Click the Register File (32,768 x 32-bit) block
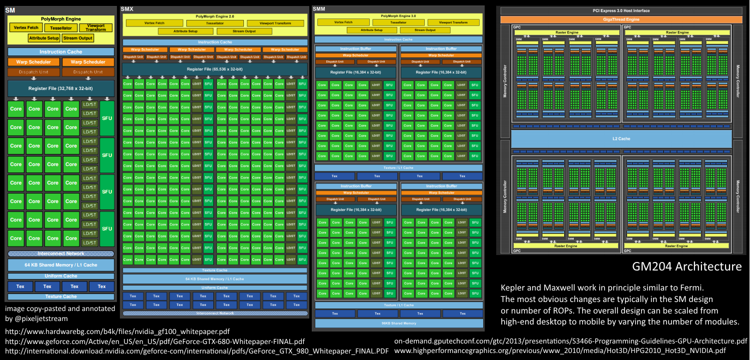pyautogui.click(x=60, y=88)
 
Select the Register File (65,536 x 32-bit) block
pyautogui.click(x=215, y=68)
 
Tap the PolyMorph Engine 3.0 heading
pyautogui.click(x=398, y=16)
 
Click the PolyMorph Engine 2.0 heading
pyautogui.click(x=215, y=16)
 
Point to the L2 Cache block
pyautogui.click(x=621, y=138)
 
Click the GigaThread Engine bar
pyautogui.click(x=621, y=19)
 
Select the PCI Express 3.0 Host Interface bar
pyautogui.click(x=621, y=10)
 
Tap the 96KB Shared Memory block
pyautogui.click(x=398, y=323)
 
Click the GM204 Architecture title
pyautogui.click(x=687, y=266)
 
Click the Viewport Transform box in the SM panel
pyautogui.click(x=96, y=27)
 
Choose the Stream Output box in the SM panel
pyautogui.click(x=78, y=38)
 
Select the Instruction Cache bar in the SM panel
pyautogui.click(x=60, y=51)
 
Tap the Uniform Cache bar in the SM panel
pyautogui.click(x=60, y=276)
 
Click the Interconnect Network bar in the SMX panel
pyautogui.click(x=215, y=313)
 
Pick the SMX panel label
pyautogui.click(x=127, y=9)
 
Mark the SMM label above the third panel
pyautogui.click(x=319, y=8)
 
